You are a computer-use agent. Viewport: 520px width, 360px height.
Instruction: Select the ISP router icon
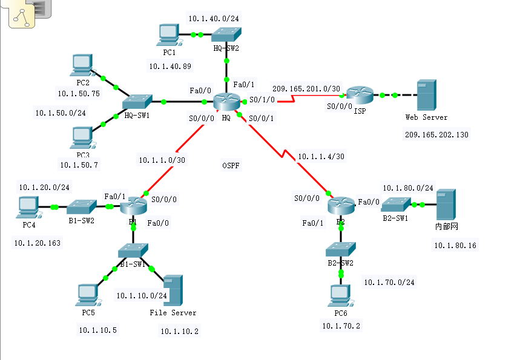(360, 94)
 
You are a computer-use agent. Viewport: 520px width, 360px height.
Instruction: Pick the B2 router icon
(340, 206)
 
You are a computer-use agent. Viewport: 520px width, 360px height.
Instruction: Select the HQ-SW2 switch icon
(226, 34)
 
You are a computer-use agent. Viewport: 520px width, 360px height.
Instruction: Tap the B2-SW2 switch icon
(340, 249)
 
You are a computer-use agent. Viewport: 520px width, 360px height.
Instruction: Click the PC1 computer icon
(167, 34)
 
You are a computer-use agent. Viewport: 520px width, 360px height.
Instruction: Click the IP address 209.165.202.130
(436, 134)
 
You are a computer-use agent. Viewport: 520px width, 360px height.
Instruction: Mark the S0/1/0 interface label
(262, 100)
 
